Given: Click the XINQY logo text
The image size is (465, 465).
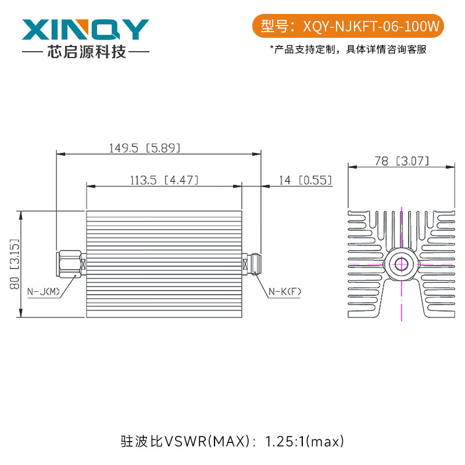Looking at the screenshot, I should click(85, 30).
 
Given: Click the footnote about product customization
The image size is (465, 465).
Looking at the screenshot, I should click(348, 49).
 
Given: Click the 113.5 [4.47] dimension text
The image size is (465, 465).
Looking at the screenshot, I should click(162, 181).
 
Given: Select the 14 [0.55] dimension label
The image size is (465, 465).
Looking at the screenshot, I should click(305, 181).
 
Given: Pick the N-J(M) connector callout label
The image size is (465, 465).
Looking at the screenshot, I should click(45, 291).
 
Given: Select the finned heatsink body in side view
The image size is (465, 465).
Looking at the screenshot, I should click(163, 264).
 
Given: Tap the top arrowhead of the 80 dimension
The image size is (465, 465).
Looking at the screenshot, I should click(21, 213).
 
